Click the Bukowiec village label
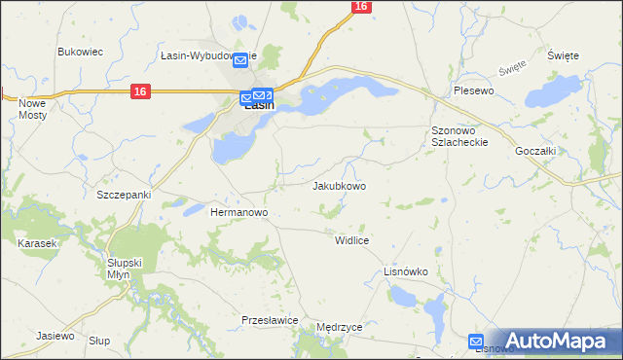pos(81,52)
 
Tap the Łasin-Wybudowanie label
pos(208,55)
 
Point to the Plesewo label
pos(475,90)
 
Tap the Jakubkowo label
pos(339,186)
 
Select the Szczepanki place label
pos(124,195)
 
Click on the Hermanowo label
pos(239,212)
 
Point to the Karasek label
pos(37,243)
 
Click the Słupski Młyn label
pos(125,269)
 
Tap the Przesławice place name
pos(269,319)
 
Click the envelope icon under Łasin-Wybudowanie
pos(239,60)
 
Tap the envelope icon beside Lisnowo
pos(476,341)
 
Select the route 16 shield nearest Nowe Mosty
pos(140,90)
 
